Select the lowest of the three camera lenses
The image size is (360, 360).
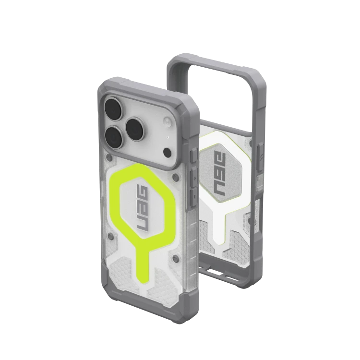click(115, 138)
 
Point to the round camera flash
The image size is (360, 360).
click(167, 121)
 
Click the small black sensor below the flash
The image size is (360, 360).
click(167, 152)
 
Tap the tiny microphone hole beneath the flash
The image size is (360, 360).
click(168, 137)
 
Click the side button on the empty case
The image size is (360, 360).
click(260, 157)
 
